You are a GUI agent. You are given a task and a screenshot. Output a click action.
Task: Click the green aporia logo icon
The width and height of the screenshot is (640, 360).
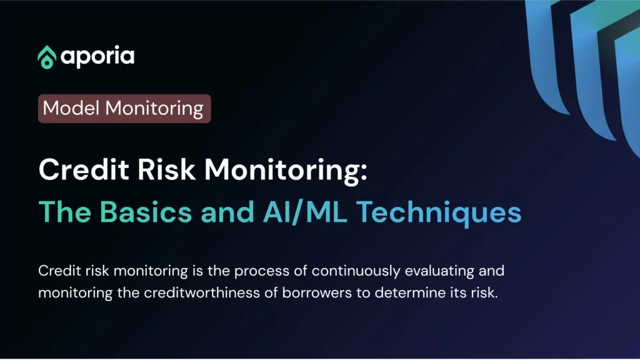(x=47, y=57)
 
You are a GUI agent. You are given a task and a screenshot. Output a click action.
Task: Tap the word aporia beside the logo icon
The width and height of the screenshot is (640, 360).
(x=97, y=57)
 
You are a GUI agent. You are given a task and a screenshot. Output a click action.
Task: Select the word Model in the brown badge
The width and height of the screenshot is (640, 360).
(x=71, y=108)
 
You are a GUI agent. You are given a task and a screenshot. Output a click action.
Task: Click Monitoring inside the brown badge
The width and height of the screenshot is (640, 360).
(x=154, y=109)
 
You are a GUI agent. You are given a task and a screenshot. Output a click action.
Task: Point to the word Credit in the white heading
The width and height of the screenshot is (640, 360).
(x=84, y=169)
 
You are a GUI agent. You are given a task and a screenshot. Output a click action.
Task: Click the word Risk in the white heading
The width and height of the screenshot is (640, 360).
(x=166, y=169)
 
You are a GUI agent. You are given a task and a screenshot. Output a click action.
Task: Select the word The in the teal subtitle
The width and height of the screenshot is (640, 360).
(x=65, y=212)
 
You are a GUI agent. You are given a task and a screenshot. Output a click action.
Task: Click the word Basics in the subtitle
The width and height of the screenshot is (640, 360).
(x=146, y=212)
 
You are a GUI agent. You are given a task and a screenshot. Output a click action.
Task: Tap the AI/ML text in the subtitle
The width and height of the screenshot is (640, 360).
(x=305, y=212)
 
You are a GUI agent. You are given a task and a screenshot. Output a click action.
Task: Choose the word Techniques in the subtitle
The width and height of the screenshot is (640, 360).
(x=439, y=214)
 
